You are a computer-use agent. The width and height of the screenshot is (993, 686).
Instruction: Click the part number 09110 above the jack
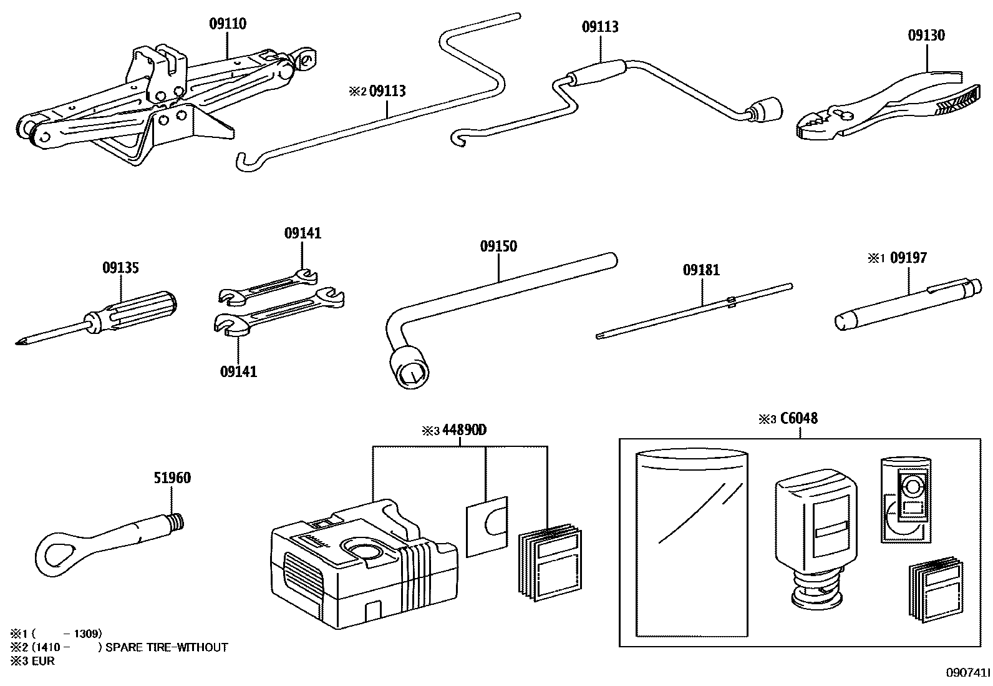tap(227, 24)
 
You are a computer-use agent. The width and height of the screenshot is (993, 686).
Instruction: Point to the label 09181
tap(701, 270)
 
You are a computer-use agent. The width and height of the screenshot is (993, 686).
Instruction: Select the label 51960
tap(172, 478)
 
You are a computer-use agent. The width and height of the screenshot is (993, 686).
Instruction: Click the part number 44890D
tap(464, 430)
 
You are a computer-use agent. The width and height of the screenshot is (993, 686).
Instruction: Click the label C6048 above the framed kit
tap(798, 418)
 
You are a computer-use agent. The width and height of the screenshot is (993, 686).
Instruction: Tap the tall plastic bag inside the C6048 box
tap(691, 543)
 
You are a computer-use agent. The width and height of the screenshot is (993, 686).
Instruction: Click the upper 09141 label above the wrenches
tap(303, 233)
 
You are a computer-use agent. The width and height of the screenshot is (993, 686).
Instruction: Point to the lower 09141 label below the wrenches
tap(238, 372)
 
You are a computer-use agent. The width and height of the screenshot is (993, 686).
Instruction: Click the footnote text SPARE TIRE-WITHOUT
tap(167, 648)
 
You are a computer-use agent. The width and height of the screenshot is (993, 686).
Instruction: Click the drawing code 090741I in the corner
tap(967, 673)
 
